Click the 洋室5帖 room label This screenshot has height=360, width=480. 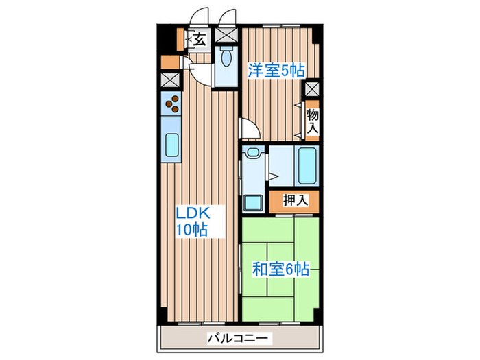[x=276, y=70]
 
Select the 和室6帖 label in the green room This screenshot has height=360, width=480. [x=280, y=269]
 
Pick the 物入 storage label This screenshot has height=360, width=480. [x=313, y=121]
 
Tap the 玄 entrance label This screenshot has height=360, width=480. [x=199, y=39]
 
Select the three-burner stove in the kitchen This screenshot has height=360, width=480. [x=171, y=104]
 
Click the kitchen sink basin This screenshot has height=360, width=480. [x=171, y=146]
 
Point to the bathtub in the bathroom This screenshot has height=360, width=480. [x=307, y=166]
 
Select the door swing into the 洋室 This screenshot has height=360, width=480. [x=248, y=129]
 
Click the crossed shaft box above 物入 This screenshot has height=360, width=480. [x=312, y=88]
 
